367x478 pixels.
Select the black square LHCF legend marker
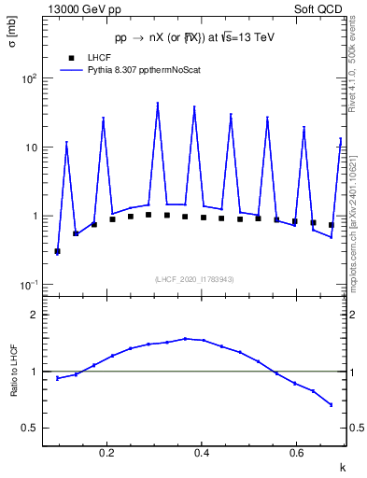[x=72, y=57]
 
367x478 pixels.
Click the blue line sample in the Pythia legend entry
[x=72, y=69]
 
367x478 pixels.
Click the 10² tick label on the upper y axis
[x=30, y=78]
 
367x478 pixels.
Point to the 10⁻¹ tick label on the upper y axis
[x=30, y=285]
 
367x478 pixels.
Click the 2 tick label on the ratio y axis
[x=35, y=315]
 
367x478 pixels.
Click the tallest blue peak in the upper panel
[x=158, y=104]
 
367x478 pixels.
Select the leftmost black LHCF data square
[x=57, y=251]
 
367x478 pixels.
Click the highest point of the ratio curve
[x=186, y=339]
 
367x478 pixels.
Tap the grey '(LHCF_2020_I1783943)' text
[x=194, y=279]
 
